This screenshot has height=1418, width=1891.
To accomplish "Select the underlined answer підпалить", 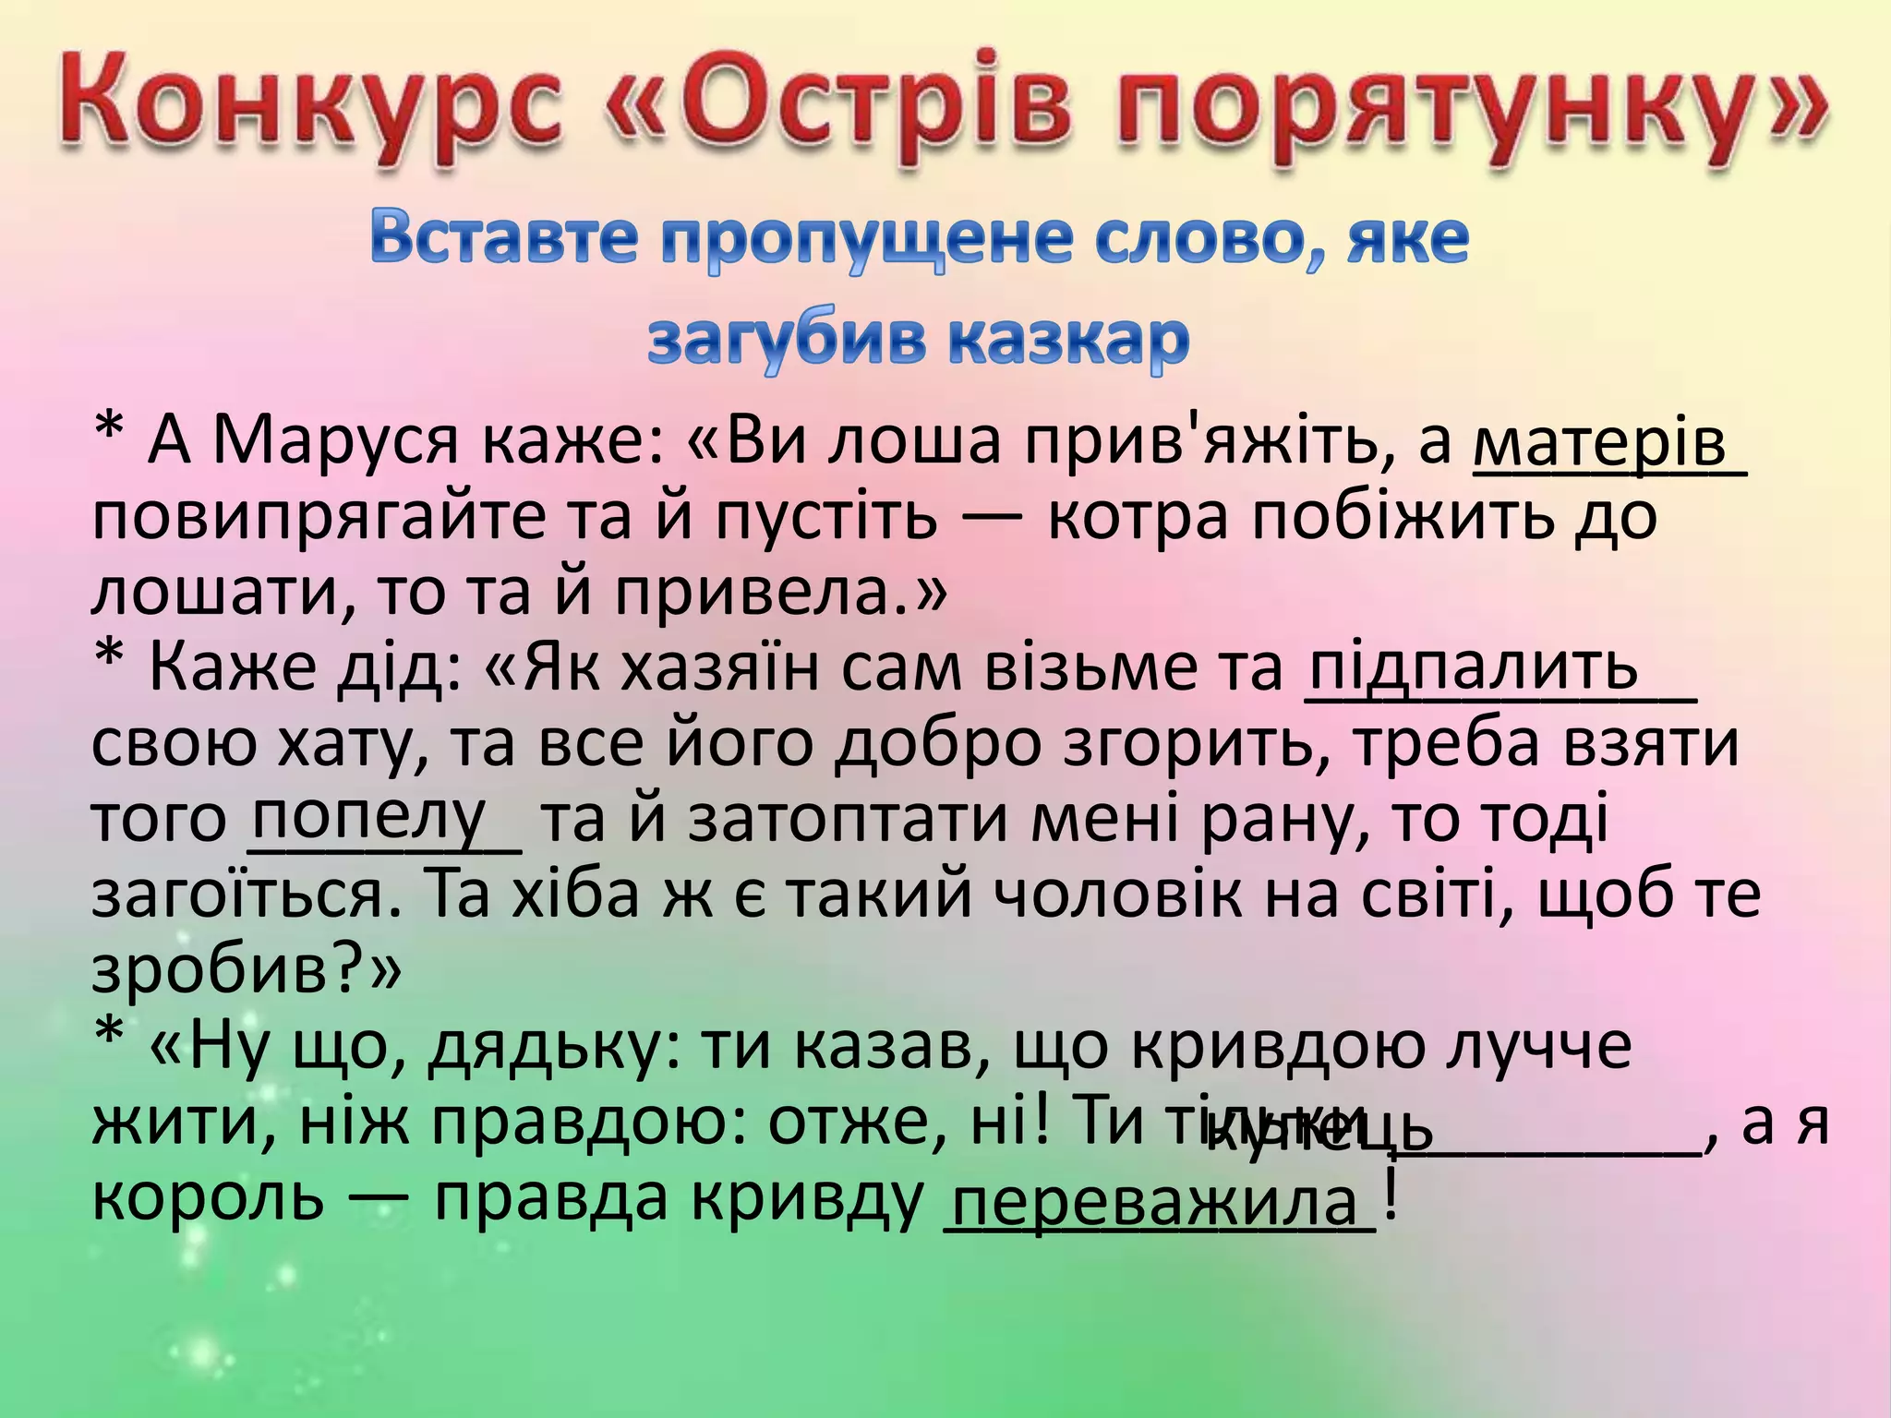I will (1475, 667).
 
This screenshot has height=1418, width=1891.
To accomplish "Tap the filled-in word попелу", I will (369, 814).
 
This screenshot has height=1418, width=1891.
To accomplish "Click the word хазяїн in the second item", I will (720, 667).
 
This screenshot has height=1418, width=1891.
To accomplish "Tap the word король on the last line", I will (209, 1198).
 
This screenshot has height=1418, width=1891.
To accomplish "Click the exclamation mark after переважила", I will (1391, 1193).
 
